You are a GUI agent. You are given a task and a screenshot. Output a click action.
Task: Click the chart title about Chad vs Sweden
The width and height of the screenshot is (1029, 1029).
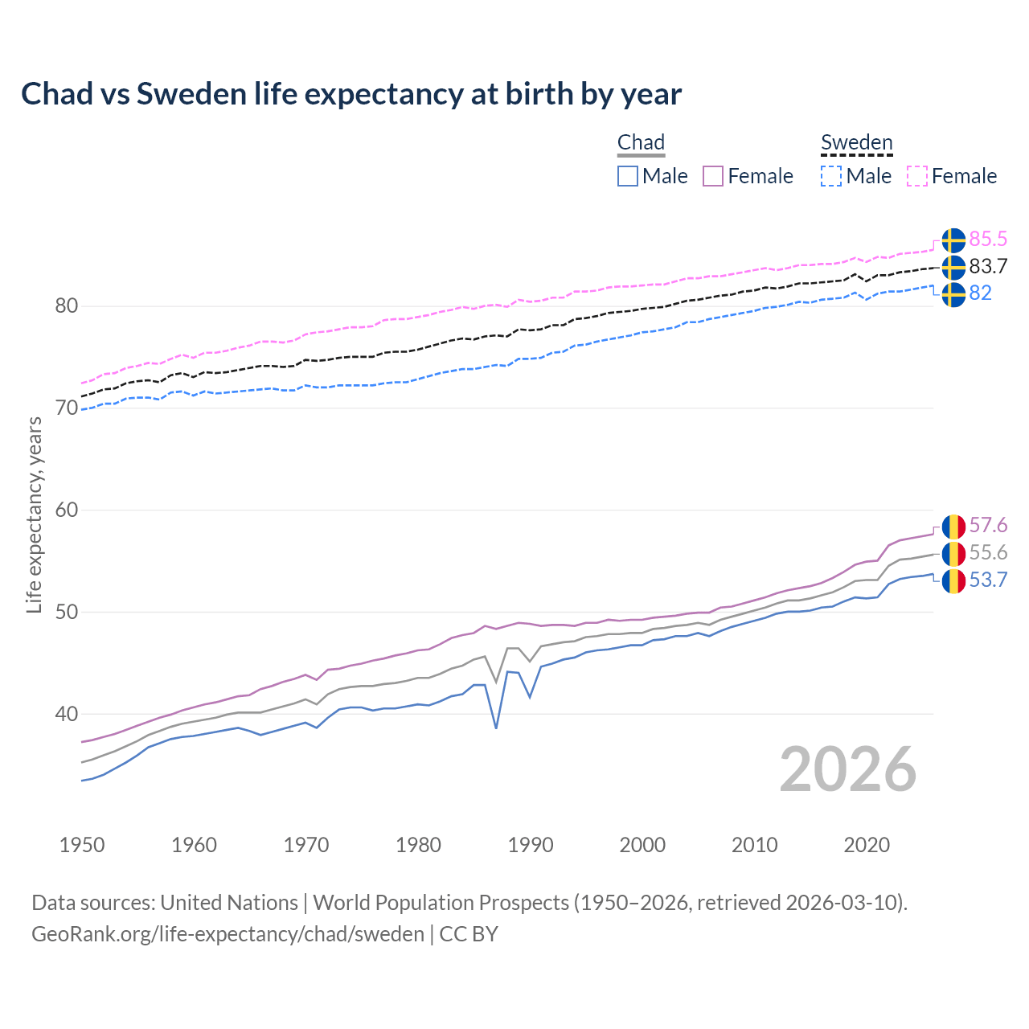[351, 94]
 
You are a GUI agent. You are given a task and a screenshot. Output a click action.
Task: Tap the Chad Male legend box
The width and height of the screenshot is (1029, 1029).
[628, 176]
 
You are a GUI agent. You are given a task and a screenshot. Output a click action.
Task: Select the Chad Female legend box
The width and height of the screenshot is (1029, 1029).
[713, 176]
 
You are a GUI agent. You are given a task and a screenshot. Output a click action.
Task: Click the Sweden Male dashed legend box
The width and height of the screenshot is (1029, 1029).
[831, 176]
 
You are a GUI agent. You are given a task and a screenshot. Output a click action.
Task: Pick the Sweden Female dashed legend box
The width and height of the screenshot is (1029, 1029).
[917, 176]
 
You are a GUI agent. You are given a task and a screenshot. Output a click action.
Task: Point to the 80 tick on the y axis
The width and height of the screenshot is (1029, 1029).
[67, 306]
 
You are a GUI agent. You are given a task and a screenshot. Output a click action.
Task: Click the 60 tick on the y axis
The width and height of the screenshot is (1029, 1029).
[67, 510]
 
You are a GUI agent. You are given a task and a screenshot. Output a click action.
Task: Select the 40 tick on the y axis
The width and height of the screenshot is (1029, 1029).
[67, 714]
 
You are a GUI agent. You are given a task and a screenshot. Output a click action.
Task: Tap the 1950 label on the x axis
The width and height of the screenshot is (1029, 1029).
[82, 845]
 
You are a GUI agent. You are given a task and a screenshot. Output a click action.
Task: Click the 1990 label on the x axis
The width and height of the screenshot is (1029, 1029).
[531, 845]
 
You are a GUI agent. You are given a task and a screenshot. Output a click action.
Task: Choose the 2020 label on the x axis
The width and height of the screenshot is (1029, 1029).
[867, 845]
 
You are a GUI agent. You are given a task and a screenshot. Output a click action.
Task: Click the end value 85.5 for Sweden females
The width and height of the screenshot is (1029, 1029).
[988, 240]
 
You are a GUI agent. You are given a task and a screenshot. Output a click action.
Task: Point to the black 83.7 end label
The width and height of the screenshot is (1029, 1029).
[988, 267]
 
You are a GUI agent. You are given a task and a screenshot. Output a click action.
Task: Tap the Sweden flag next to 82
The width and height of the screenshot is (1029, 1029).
[953, 294]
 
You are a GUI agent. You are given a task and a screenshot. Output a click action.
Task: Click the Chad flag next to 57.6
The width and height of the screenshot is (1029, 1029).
[953, 526]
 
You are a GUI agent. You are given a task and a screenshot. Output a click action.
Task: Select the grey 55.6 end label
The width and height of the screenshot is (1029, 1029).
[988, 553]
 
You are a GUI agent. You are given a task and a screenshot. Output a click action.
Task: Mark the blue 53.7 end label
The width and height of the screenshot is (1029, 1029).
[988, 580]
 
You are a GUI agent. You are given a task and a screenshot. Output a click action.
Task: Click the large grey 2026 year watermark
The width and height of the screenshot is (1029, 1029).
[848, 769]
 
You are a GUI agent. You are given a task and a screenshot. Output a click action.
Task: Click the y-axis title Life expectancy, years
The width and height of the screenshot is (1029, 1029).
[34, 515]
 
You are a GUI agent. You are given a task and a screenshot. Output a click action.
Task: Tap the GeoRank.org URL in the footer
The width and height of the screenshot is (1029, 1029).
[228, 934]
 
